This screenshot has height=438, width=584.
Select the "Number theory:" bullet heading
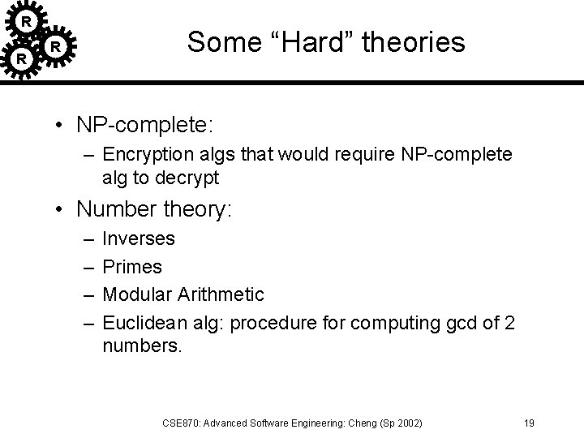pyautogui.click(x=154, y=210)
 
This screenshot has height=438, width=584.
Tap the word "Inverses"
pyautogui.click(x=139, y=239)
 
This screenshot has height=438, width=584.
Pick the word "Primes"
pyautogui.click(x=133, y=267)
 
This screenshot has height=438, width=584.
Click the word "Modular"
pyautogui.click(x=137, y=294)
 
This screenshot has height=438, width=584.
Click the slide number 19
pyautogui.click(x=528, y=423)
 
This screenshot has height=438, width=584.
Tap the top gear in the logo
pyautogui.click(x=27, y=19)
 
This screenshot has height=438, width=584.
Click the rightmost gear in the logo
pyautogui.click(x=54, y=47)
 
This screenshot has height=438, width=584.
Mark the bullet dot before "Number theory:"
pyautogui.click(x=61, y=211)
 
